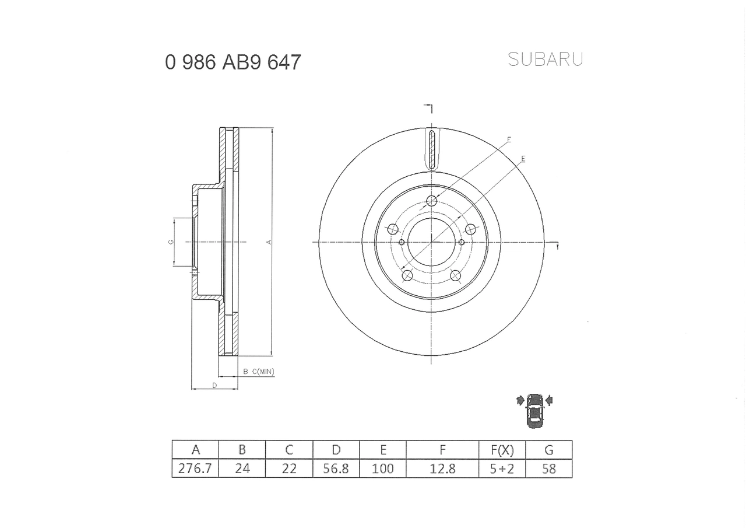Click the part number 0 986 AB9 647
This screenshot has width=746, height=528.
(x=233, y=62)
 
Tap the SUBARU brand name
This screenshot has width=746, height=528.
(x=545, y=59)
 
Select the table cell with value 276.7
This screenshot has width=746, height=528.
(x=195, y=468)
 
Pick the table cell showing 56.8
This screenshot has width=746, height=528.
(x=336, y=468)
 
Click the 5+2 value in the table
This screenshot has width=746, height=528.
(x=501, y=468)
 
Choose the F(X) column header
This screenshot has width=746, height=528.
(x=501, y=450)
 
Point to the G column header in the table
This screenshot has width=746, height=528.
(x=548, y=450)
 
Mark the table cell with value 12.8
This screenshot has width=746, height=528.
(x=442, y=468)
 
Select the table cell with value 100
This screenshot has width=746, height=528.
(x=382, y=468)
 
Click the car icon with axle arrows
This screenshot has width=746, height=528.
(x=534, y=410)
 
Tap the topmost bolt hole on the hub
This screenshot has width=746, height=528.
(x=431, y=201)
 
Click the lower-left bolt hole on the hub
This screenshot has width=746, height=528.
(x=407, y=275)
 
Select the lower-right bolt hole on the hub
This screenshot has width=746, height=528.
(x=456, y=275)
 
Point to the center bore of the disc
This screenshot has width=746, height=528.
(x=431, y=242)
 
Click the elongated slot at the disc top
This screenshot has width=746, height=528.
(x=431, y=149)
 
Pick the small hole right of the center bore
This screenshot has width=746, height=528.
(x=462, y=242)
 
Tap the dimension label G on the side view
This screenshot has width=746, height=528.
(x=171, y=242)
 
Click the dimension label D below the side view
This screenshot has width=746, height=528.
(x=214, y=385)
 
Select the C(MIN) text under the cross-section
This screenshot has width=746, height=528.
(x=263, y=372)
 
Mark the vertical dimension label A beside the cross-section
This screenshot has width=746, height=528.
(x=269, y=242)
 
